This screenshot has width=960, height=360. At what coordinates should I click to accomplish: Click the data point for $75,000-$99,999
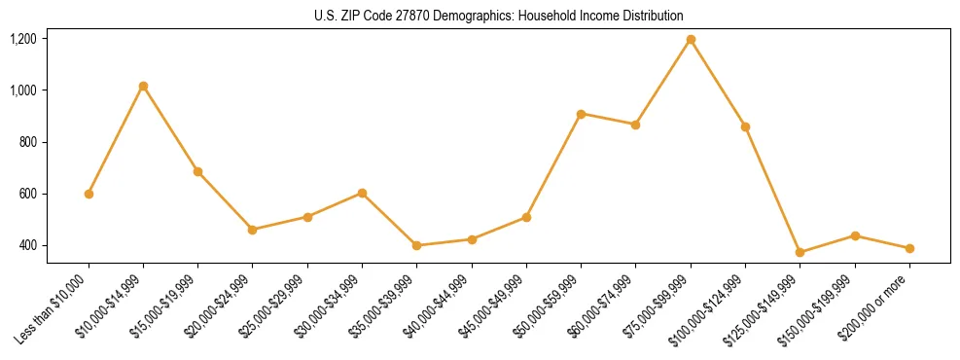[691, 40]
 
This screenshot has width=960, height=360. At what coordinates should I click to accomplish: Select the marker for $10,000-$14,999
[143, 87]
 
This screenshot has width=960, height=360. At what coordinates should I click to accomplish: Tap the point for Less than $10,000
[89, 194]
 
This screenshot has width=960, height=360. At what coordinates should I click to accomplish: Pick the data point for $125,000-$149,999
[800, 253]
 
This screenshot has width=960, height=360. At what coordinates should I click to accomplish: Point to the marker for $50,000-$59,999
[581, 114]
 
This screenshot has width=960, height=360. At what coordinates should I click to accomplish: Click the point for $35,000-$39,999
[416, 245]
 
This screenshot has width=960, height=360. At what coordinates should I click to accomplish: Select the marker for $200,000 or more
[909, 248]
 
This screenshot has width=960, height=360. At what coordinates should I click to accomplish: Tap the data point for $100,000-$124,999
[745, 126]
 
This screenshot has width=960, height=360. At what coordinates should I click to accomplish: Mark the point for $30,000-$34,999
[362, 193]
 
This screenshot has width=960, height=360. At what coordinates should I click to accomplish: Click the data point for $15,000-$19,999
[197, 171]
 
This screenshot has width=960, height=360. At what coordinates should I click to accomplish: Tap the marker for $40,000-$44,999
[472, 239]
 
